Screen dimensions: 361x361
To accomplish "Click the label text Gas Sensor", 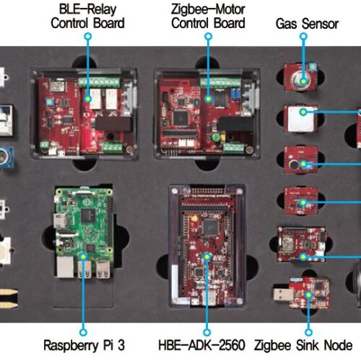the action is pos(307,24).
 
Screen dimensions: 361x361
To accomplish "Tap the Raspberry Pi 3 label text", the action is pos(84,345).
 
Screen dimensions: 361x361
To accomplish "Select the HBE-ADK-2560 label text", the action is pos(201,345).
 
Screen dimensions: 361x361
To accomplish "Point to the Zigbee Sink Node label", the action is pos(303,345).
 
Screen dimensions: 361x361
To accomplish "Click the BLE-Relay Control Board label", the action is pos(87,17).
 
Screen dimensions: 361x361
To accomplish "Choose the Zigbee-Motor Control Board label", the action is pos(208,17).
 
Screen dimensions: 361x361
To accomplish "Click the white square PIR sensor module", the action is pos(301,118).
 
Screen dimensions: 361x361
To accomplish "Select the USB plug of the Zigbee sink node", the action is pos(282,294).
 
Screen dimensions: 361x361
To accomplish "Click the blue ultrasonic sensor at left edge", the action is pos(6,157).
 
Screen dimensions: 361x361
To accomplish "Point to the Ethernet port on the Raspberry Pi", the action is pos(65,266).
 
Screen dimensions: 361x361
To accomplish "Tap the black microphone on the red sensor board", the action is pos(294,165).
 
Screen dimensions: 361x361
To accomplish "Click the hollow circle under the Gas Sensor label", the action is pos(303,36).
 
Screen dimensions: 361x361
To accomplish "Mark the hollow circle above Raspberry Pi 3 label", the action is pos(83,332).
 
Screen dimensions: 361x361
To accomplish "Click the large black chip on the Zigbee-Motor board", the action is pos(180,118).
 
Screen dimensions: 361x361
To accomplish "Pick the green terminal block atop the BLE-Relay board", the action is pos(99,82).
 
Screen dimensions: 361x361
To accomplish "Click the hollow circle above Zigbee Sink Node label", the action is pos(308,332).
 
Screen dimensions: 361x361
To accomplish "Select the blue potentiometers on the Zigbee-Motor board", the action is pos(235,94).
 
